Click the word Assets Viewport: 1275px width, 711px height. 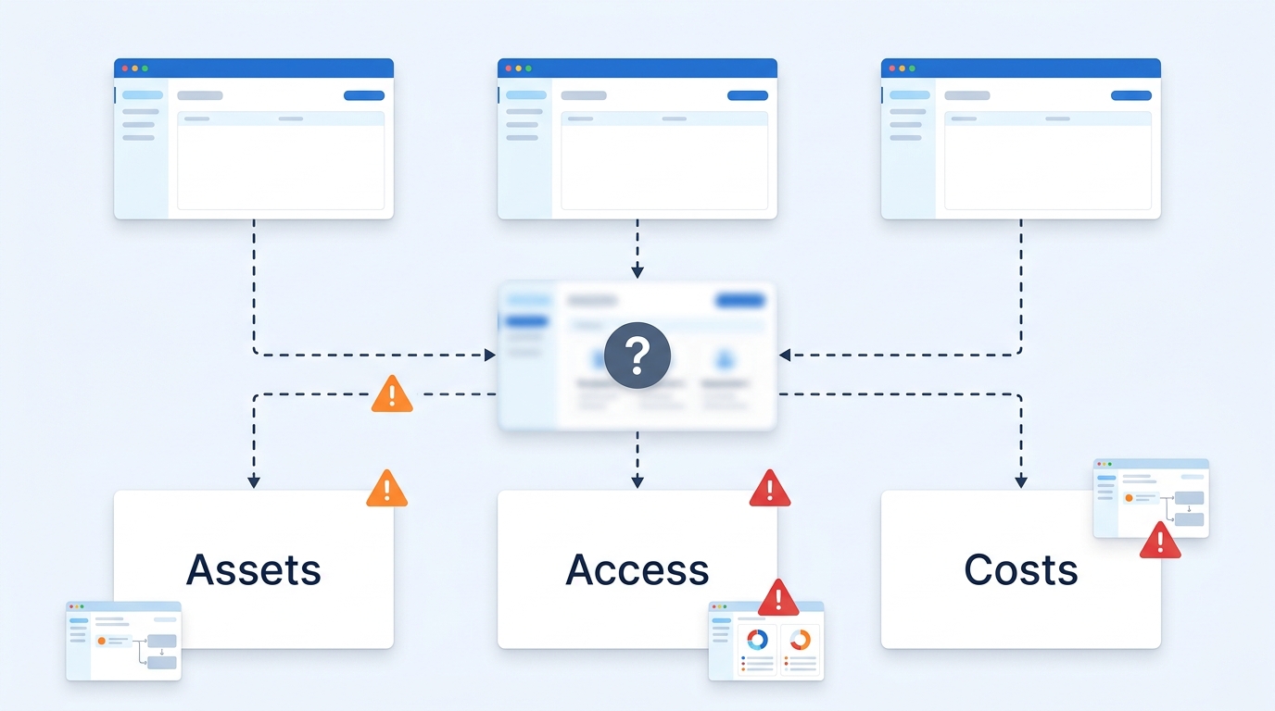(253, 569)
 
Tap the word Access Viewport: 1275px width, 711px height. (637, 569)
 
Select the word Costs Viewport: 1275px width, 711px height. (1020, 569)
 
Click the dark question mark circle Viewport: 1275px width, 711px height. (637, 355)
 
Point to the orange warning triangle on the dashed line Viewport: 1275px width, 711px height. (392, 393)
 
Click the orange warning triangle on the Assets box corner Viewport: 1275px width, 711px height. (387, 489)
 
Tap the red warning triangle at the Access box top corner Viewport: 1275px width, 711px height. (770, 489)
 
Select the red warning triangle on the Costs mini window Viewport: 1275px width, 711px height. (1160, 541)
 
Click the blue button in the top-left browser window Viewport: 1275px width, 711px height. (364, 95)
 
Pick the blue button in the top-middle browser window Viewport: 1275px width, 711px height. (748, 95)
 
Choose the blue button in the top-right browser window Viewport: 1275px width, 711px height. (1131, 95)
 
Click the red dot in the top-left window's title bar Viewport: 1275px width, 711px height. (125, 69)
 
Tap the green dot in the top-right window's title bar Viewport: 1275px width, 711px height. (913, 69)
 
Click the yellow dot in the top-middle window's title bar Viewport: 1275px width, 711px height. (519, 69)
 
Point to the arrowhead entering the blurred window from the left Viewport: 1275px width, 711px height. (489, 355)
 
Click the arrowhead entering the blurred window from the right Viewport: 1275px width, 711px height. (785, 355)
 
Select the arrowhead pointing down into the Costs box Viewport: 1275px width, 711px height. (1021, 482)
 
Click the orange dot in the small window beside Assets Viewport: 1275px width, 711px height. (102, 641)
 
